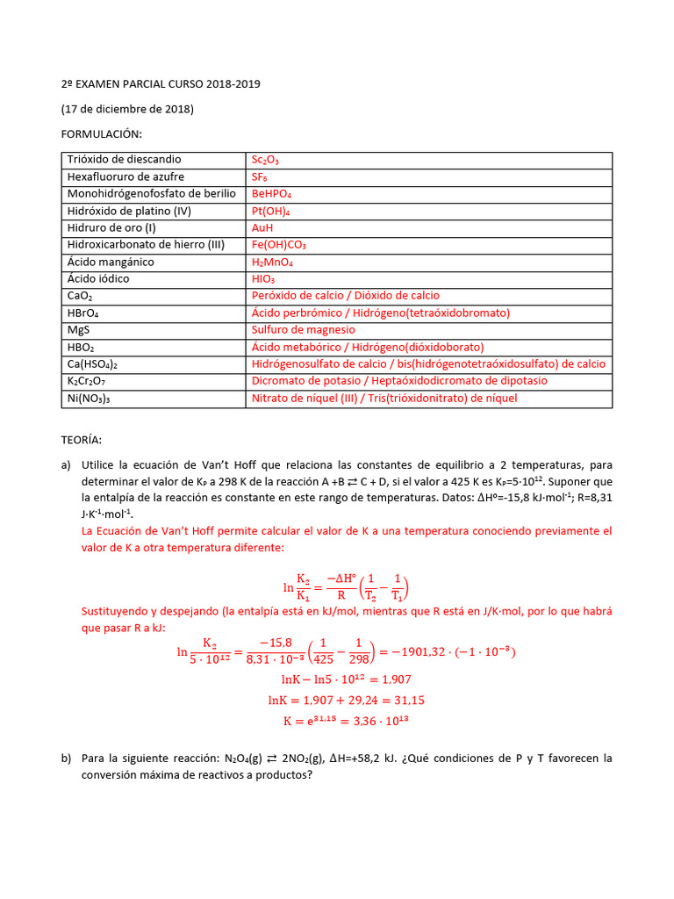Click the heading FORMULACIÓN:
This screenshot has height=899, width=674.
[x=101, y=133]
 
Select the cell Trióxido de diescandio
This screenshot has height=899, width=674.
[x=124, y=160]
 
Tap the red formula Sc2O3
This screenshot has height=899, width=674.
[x=265, y=160]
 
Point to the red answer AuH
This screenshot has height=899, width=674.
[x=262, y=227]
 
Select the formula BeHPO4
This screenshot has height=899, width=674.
[x=271, y=194]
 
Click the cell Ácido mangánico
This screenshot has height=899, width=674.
[x=111, y=262]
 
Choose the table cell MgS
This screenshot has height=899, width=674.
[x=79, y=330]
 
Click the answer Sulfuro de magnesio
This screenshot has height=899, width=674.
[x=304, y=330]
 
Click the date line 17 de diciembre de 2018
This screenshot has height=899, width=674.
[x=127, y=109]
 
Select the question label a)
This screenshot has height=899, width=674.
[x=66, y=465]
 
